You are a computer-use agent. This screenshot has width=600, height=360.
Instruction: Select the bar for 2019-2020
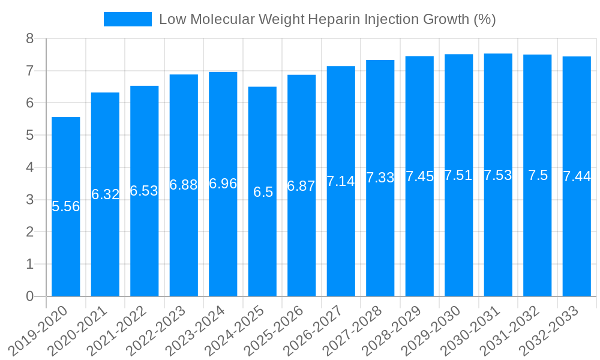point(66,206)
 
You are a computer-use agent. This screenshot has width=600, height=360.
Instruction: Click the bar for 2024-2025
point(262,191)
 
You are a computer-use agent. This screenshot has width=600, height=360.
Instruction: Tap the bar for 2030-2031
point(498,175)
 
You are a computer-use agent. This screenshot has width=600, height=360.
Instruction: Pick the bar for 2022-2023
point(184,185)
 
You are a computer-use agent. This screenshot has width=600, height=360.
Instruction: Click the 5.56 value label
point(66,206)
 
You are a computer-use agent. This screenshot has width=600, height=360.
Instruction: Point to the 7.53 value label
point(498,175)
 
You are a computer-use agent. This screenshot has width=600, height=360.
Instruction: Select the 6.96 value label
point(223,184)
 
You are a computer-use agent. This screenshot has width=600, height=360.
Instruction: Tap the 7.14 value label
point(341,181)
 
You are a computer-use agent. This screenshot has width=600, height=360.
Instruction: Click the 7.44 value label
point(577,176)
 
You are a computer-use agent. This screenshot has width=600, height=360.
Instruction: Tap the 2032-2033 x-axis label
point(552,329)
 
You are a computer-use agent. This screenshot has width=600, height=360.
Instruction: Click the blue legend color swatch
point(128,19)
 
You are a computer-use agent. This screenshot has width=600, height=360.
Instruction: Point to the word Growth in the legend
point(443,19)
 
